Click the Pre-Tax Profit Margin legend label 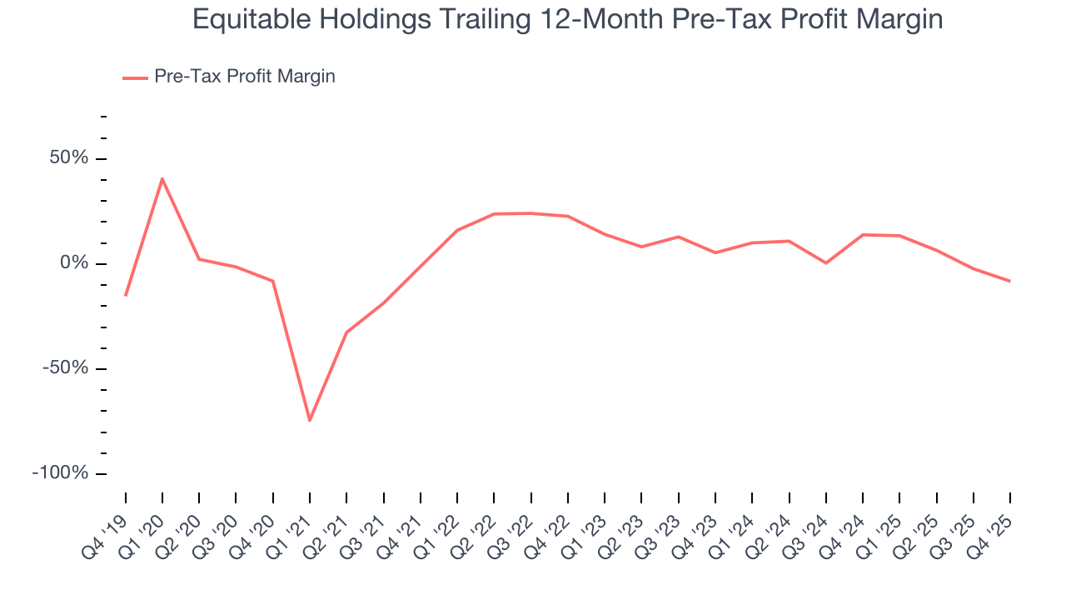pos(244,77)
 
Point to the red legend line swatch pos(135,77)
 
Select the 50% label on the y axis pos(67,158)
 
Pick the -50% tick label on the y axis pos(64,368)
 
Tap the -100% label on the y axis pos(60,473)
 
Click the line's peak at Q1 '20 pos(162,178)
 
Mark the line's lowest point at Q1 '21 pos(310,420)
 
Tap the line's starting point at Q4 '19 pos(126,295)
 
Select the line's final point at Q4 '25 pos(1009,281)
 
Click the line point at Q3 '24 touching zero pos(825,263)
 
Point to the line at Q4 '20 pos(273,281)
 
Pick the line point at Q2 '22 pos(494,214)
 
